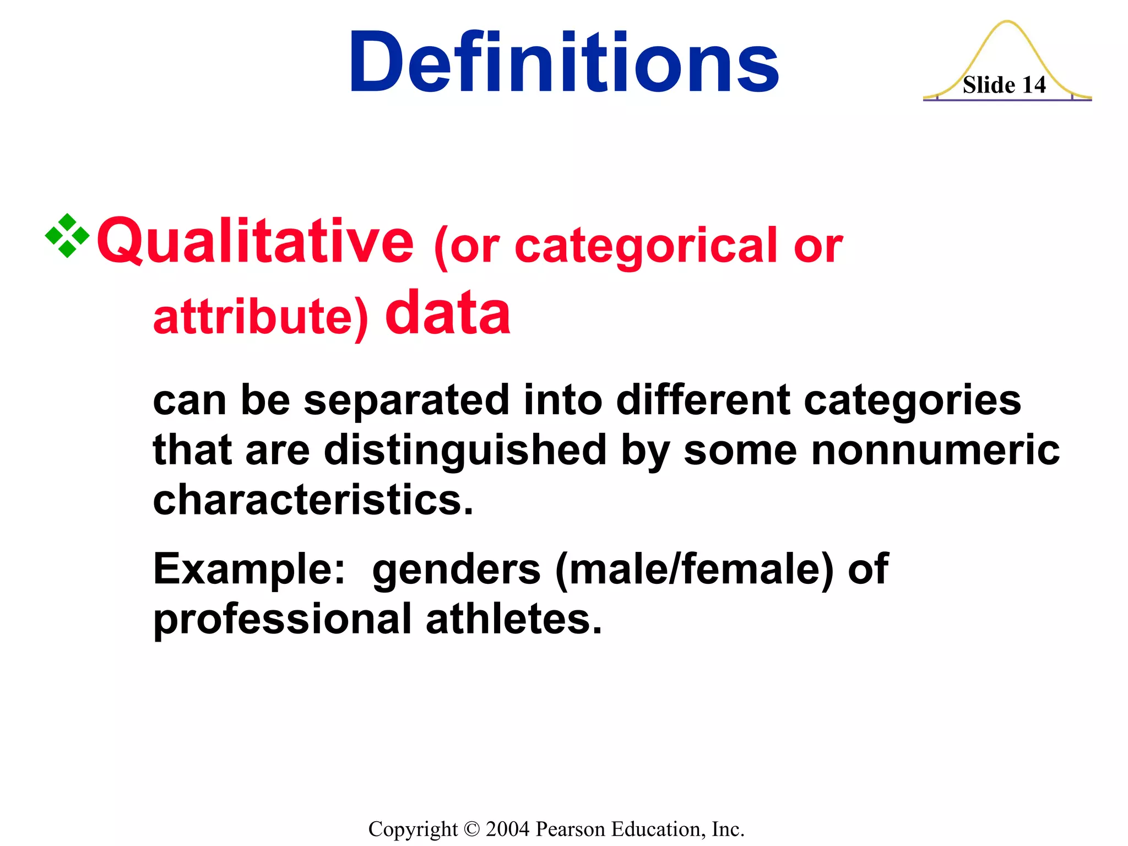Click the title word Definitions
point(563,62)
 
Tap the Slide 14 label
point(1004,85)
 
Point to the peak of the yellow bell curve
point(1007,22)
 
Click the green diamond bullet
point(67,236)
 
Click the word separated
point(406,400)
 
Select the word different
point(703,400)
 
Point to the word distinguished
point(465,451)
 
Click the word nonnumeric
point(935,451)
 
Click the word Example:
point(249,570)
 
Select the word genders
point(456,570)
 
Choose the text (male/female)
point(695,570)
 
